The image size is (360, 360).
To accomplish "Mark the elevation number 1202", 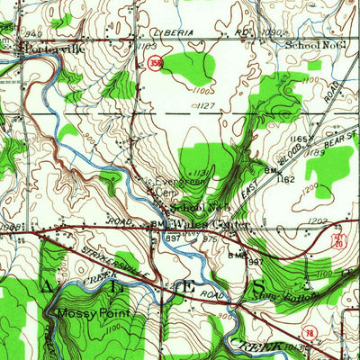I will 316,219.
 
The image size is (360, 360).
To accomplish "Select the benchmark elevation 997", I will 172,237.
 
